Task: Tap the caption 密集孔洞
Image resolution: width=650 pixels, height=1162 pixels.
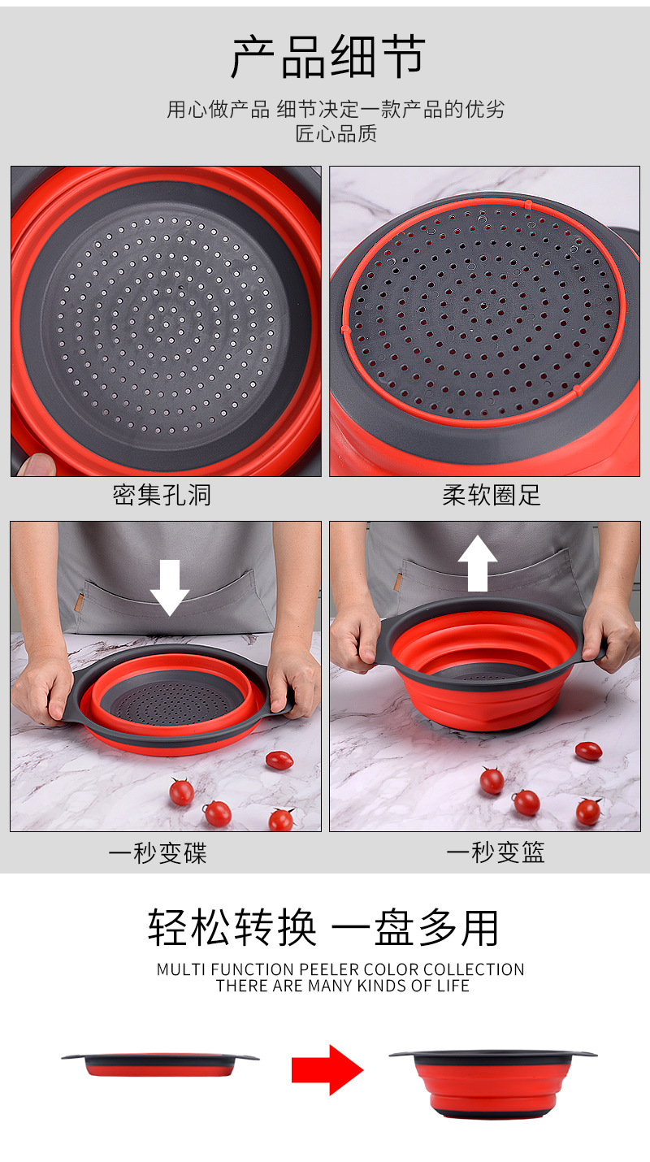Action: click(x=162, y=495)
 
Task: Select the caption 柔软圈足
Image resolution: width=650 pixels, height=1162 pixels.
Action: click(x=491, y=495)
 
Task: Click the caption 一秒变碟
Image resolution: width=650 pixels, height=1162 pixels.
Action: click(x=158, y=852)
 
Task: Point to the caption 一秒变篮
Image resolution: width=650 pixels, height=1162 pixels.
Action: click(x=495, y=852)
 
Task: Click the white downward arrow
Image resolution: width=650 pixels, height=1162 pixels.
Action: click(x=169, y=588)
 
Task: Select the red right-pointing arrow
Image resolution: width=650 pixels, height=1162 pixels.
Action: click(x=327, y=1069)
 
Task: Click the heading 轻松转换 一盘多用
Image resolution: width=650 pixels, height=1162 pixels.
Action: click(x=323, y=927)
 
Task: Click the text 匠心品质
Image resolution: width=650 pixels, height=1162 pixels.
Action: click(x=336, y=133)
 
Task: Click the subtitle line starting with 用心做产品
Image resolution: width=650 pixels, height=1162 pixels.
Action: click(x=336, y=110)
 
